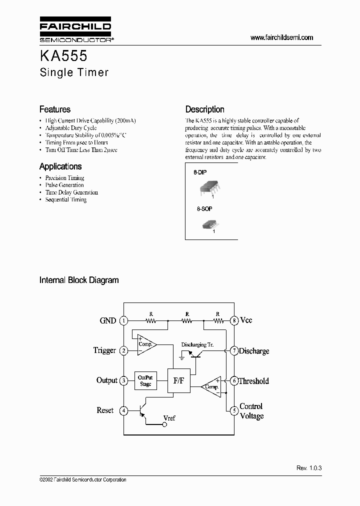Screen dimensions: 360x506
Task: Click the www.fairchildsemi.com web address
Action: [x=281, y=37]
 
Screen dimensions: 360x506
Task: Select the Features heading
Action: [x=55, y=109]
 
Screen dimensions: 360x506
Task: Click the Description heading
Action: [x=205, y=109]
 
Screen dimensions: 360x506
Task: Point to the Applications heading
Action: [x=60, y=166]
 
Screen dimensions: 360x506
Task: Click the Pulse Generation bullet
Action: [x=64, y=185]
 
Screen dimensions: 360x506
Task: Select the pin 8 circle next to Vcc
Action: [x=234, y=321]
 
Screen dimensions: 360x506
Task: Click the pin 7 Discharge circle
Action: [x=234, y=351]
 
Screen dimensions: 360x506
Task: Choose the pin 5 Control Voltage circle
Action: [x=234, y=411]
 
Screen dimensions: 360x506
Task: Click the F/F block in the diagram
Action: [x=178, y=381]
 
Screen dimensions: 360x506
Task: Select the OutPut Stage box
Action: [x=145, y=381]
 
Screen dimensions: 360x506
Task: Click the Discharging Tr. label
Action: [x=198, y=344]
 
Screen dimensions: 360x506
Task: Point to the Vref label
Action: [x=169, y=418]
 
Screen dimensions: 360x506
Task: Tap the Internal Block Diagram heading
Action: [x=79, y=280]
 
